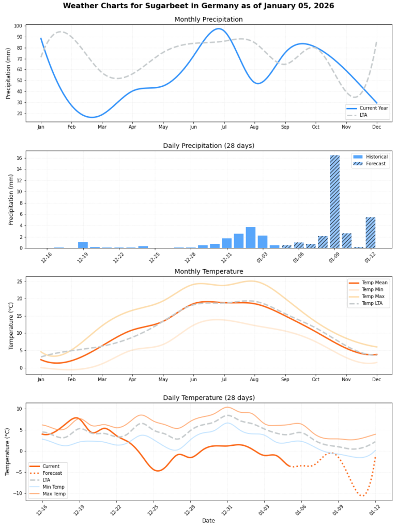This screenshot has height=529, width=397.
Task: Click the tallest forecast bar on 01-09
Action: (x=334, y=201)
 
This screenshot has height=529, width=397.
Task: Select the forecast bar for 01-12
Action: (x=370, y=232)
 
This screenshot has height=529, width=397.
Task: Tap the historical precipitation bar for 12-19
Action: (x=83, y=245)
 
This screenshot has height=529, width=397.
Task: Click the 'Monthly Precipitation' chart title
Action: (x=208, y=20)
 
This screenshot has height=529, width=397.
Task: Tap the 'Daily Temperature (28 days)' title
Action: (x=208, y=398)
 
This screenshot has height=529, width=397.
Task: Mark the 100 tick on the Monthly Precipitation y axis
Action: (x=18, y=26)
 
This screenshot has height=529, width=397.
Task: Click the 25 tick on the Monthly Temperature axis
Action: (x=19, y=281)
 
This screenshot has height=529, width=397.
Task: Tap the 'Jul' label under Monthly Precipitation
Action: (x=224, y=127)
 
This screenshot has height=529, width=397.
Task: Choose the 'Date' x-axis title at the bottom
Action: (x=208, y=521)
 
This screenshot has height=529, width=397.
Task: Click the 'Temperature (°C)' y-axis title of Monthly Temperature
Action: (x=10, y=325)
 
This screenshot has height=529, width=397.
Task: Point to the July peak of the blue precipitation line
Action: (x=219, y=29)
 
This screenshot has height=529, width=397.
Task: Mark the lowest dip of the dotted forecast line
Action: (x=362, y=496)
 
